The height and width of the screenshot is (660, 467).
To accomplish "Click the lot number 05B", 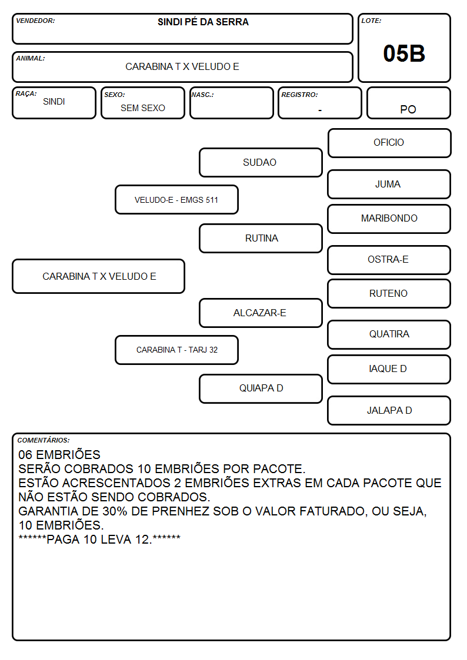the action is pyautogui.click(x=404, y=53).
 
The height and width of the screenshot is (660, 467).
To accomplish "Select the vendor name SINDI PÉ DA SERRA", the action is pyautogui.click(x=203, y=22).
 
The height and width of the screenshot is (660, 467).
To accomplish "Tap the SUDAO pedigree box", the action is pyautogui.click(x=261, y=162).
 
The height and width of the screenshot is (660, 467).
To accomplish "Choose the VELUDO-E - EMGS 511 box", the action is pyautogui.click(x=176, y=199).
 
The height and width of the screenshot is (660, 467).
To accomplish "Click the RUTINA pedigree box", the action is pyautogui.click(x=261, y=238).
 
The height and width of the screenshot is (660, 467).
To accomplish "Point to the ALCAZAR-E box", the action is pyautogui.click(x=261, y=313).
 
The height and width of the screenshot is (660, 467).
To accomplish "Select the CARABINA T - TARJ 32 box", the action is pyautogui.click(x=176, y=350).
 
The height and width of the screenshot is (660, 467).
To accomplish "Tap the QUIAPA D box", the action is pyautogui.click(x=261, y=388).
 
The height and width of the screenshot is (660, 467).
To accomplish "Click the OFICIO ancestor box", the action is pyautogui.click(x=389, y=143).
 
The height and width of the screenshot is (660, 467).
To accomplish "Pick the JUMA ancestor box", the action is pyautogui.click(x=389, y=184).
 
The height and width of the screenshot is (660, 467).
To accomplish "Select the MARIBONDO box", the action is pyautogui.click(x=389, y=219).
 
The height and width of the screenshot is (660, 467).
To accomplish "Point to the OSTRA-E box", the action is pyautogui.click(x=389, y=260).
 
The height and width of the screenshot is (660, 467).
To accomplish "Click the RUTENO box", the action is pyautogui.click(x=389, y=293).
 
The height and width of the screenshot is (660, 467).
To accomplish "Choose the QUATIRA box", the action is pyautogui.click(x=389, y=334).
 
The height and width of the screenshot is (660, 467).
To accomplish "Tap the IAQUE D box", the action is pyautogui.click(x=389, y=369).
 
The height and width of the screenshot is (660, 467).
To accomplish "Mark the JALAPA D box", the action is pyautogui.click(x=389, y=410).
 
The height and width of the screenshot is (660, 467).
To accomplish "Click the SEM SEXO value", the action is pyautogui.click(x=143, y=108).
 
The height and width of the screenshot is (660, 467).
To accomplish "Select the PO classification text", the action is pyautogui.click(x=408, y=109).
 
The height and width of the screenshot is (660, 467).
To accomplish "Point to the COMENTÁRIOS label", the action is pyautogui.click(x=44, y=440).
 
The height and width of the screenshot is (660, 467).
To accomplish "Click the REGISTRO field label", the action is pyautogui.click(x=299, y=95).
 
